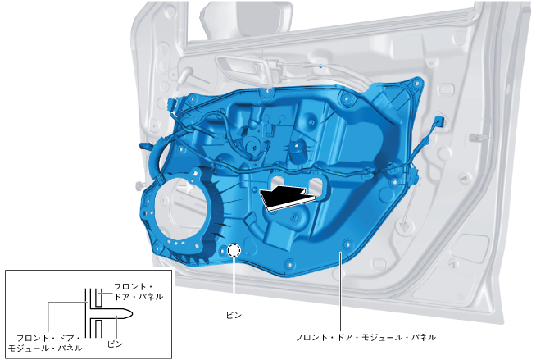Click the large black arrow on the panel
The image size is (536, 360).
point(287,198)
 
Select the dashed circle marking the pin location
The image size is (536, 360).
point(234,251)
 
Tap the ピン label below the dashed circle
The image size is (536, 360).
point(234,315)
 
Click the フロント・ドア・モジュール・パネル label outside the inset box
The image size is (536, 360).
point(366,337)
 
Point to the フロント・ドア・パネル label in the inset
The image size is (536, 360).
point(139,292)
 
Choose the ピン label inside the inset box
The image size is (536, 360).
point(116,344)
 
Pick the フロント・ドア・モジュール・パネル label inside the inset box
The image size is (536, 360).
point(45,344)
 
